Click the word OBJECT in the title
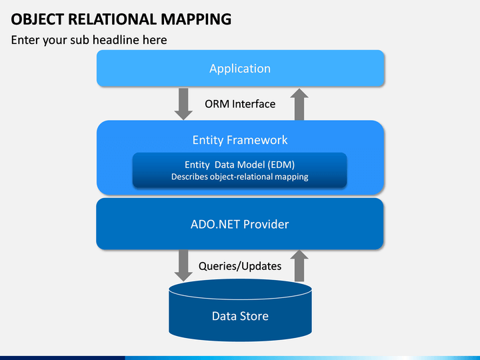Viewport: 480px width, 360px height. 37,19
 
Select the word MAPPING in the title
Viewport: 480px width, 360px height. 196,19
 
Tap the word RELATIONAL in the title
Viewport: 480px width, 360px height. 112,19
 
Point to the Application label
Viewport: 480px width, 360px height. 240,69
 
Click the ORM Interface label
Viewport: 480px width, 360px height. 240,104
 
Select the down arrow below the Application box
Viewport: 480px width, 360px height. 183,104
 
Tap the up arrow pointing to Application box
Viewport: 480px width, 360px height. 299,105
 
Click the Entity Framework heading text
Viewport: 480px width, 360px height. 240,140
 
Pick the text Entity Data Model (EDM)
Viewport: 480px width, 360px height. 240,165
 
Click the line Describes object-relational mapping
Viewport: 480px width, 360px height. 240,177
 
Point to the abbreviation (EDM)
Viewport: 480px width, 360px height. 281,165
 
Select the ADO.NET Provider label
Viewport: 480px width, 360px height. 240,224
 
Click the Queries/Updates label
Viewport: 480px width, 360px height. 240,266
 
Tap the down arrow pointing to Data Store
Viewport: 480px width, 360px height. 183,265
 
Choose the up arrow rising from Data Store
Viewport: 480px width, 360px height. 299,266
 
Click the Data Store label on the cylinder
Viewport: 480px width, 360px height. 240,316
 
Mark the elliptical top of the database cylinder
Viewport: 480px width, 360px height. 240,289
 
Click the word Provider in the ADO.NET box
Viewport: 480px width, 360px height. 266,224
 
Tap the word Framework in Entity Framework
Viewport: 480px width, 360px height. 257,140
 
